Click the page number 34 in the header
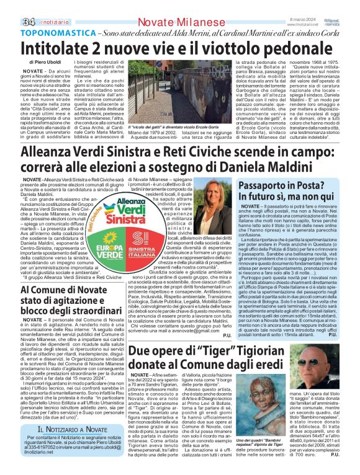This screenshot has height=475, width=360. pos(11,6)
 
